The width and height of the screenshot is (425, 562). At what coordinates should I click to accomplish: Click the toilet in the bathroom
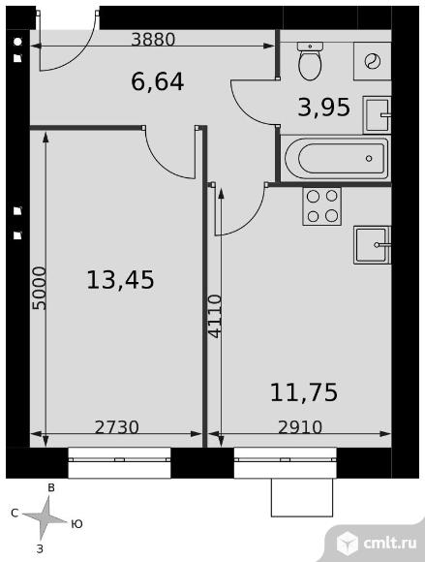[x=310, y=61]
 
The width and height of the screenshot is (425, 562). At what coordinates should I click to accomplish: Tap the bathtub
[x=336, y=158]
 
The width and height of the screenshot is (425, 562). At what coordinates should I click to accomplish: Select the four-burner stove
[x=321, y=206]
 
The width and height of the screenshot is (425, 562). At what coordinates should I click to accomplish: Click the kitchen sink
[x=372, y=245]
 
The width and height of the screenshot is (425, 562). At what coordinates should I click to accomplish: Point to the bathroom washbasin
[x=377, y=114]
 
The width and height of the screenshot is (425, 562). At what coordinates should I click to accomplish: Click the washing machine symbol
[x=373, y=61]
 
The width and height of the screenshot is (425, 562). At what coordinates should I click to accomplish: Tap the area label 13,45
[x=120, y=280]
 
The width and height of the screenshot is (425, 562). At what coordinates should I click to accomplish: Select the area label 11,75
[x=304, y=392]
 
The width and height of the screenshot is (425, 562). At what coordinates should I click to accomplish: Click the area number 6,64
[x=157, y=81]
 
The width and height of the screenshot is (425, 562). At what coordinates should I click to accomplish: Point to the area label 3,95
[x=323, y=108]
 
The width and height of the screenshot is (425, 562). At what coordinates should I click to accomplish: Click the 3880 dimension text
[x=153, y=39]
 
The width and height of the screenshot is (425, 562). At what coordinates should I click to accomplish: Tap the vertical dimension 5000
[x=39, y=288]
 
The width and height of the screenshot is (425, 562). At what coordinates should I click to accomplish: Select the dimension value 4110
[x=215, y=316]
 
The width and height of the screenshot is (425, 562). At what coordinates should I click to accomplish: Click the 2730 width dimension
[x=117, y=427]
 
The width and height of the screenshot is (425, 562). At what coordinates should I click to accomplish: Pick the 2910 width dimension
[x=300, y=427]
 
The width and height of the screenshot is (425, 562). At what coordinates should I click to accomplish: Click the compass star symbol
[x=45, y=517]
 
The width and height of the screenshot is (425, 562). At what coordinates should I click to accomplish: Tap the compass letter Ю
[x=76, y=524]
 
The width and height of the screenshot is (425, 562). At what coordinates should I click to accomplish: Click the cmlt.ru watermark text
[x=390, y=543]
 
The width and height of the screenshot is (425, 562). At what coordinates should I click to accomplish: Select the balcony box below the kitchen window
[x=302, y=497]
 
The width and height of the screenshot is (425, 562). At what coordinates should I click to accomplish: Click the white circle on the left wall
[x=17, y=42]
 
